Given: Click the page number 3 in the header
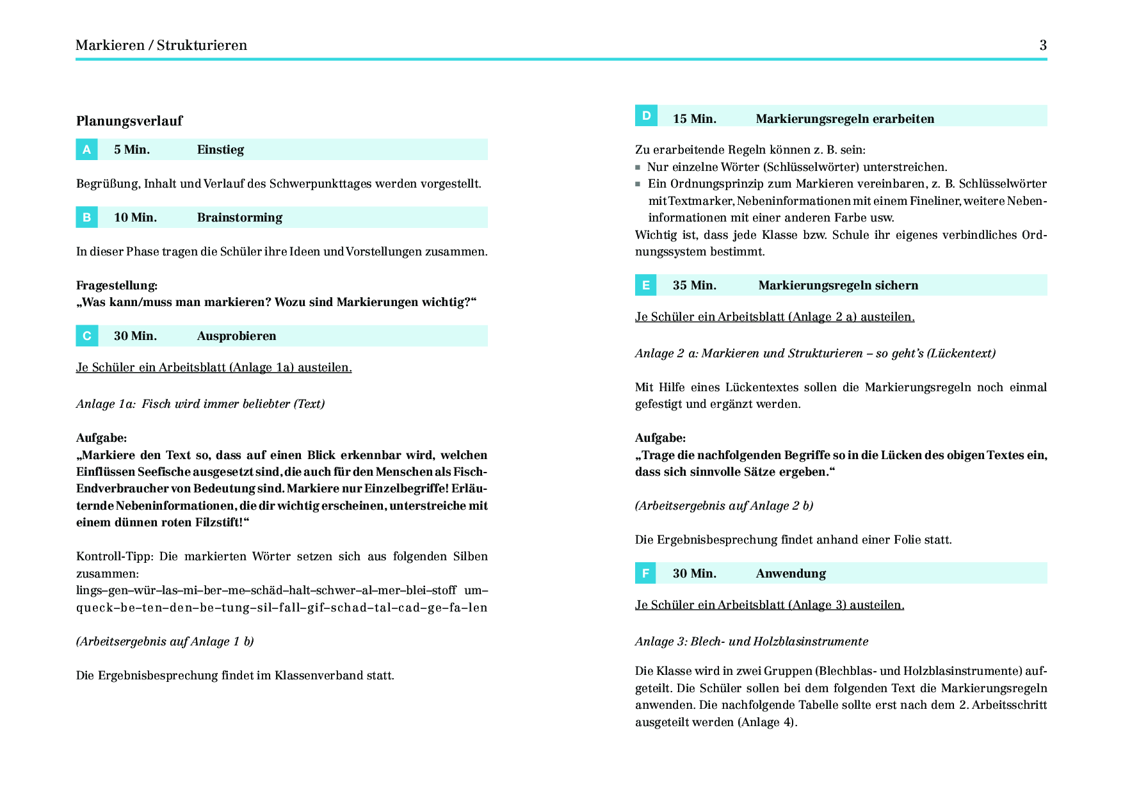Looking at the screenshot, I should pos(1043,45).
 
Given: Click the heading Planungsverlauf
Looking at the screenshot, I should pos(129,121).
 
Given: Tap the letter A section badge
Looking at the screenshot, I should pos(86,150).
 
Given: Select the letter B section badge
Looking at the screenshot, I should pos(86,218).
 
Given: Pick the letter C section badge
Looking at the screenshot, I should pos(86,336).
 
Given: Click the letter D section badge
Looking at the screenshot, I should pos(646,116).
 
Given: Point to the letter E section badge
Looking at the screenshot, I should pos(646,285).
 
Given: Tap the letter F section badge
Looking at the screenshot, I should pos(646,573).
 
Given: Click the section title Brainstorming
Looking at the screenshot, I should pos(239,218).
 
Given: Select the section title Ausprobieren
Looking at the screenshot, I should pos(236,336).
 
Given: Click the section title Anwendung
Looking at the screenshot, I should pos(791,574).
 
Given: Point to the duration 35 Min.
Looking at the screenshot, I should pos(694,286).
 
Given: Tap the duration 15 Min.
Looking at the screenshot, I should pos(694,119).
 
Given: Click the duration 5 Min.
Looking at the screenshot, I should pos(132,150).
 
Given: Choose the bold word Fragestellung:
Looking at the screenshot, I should pos(117,286).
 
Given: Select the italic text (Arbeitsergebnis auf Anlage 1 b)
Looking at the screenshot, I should pos(165,642).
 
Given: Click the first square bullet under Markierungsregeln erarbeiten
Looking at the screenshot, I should pos(638,168).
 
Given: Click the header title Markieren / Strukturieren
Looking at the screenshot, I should pos(161,45).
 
